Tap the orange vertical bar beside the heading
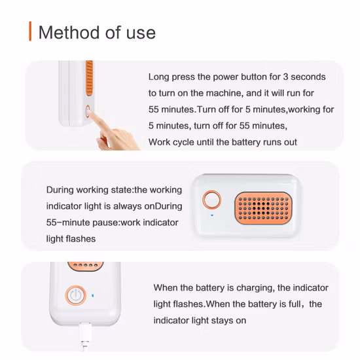(30, 31)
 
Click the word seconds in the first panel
(308, 77)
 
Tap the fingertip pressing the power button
(90, 113)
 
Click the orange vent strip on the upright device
(89, 78)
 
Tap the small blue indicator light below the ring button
(212, 215)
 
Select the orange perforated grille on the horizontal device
(263, 208)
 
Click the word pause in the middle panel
(105, 223)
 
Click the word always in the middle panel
(128, 206)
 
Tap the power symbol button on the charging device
(76, 295)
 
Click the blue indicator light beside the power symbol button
(93, 295)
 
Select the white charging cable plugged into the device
(84, 336)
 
